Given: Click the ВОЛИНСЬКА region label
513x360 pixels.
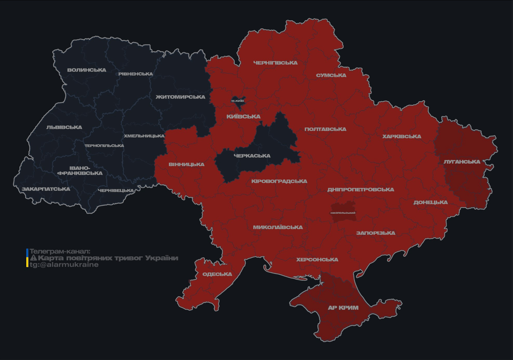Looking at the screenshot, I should click(x=87, y=70).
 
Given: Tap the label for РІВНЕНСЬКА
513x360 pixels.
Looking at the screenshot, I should click(x=136, y=74).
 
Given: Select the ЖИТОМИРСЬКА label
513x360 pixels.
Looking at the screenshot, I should click(x=181, y=97).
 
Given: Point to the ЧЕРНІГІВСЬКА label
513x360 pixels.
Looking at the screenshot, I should click(x=275, y=63).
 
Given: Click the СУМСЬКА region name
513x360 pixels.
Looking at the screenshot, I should click(x=331, y=75).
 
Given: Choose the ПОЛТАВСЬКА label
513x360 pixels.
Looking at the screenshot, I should click(x=325, y=129).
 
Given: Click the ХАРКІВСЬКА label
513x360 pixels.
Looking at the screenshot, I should click(x=401, y=137).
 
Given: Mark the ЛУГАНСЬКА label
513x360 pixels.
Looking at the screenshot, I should click(x=462, y=162).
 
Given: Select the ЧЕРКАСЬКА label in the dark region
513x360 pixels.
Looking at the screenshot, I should click(x=252, y=156).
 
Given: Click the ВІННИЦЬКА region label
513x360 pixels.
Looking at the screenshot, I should click(x=187, y=165).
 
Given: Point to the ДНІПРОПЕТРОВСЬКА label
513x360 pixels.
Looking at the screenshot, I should click(x=361, y=190).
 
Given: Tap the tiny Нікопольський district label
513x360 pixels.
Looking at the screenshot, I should click(x=343, y=213).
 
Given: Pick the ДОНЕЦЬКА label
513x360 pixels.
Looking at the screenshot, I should click(x=430, y=202).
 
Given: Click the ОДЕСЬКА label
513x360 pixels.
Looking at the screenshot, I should click(x=217, y=274).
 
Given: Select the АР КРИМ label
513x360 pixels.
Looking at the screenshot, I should click(x=343, y=308).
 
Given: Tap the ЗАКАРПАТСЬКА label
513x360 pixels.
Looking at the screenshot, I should click(x=46, y=189).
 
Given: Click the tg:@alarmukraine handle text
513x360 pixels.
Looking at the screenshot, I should click(x=64, y=265).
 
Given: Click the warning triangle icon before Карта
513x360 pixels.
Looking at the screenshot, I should click(x=33, y=258).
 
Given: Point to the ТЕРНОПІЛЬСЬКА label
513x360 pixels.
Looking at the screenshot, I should click(x=104, y=146).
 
